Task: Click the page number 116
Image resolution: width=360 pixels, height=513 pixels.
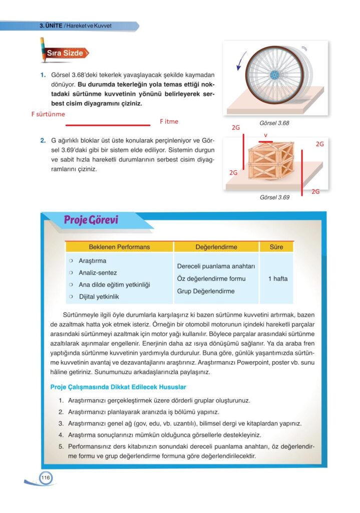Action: (x=46, y=478)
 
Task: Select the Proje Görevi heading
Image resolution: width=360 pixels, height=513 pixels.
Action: (x=91, y=220)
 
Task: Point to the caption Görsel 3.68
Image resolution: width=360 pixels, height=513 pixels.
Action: (x=274, y=123)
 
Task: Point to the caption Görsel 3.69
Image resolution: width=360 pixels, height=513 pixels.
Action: (x=274, y=197)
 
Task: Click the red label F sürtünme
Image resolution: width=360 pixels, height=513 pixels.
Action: (x=48, y=114)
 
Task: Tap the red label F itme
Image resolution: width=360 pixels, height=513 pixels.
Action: (x=169, y=121)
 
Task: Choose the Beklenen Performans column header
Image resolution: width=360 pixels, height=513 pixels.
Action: (x=119, y=247)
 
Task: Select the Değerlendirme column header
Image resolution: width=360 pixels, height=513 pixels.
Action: (x=216, y=247)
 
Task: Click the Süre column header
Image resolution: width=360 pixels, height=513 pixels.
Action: (x=276, y=247)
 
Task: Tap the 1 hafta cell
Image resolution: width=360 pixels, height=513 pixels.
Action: (x=277, y=279)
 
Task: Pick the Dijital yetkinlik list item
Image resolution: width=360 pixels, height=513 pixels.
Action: (x=99, y=297)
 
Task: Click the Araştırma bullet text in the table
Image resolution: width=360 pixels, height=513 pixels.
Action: (x=93, y=261)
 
